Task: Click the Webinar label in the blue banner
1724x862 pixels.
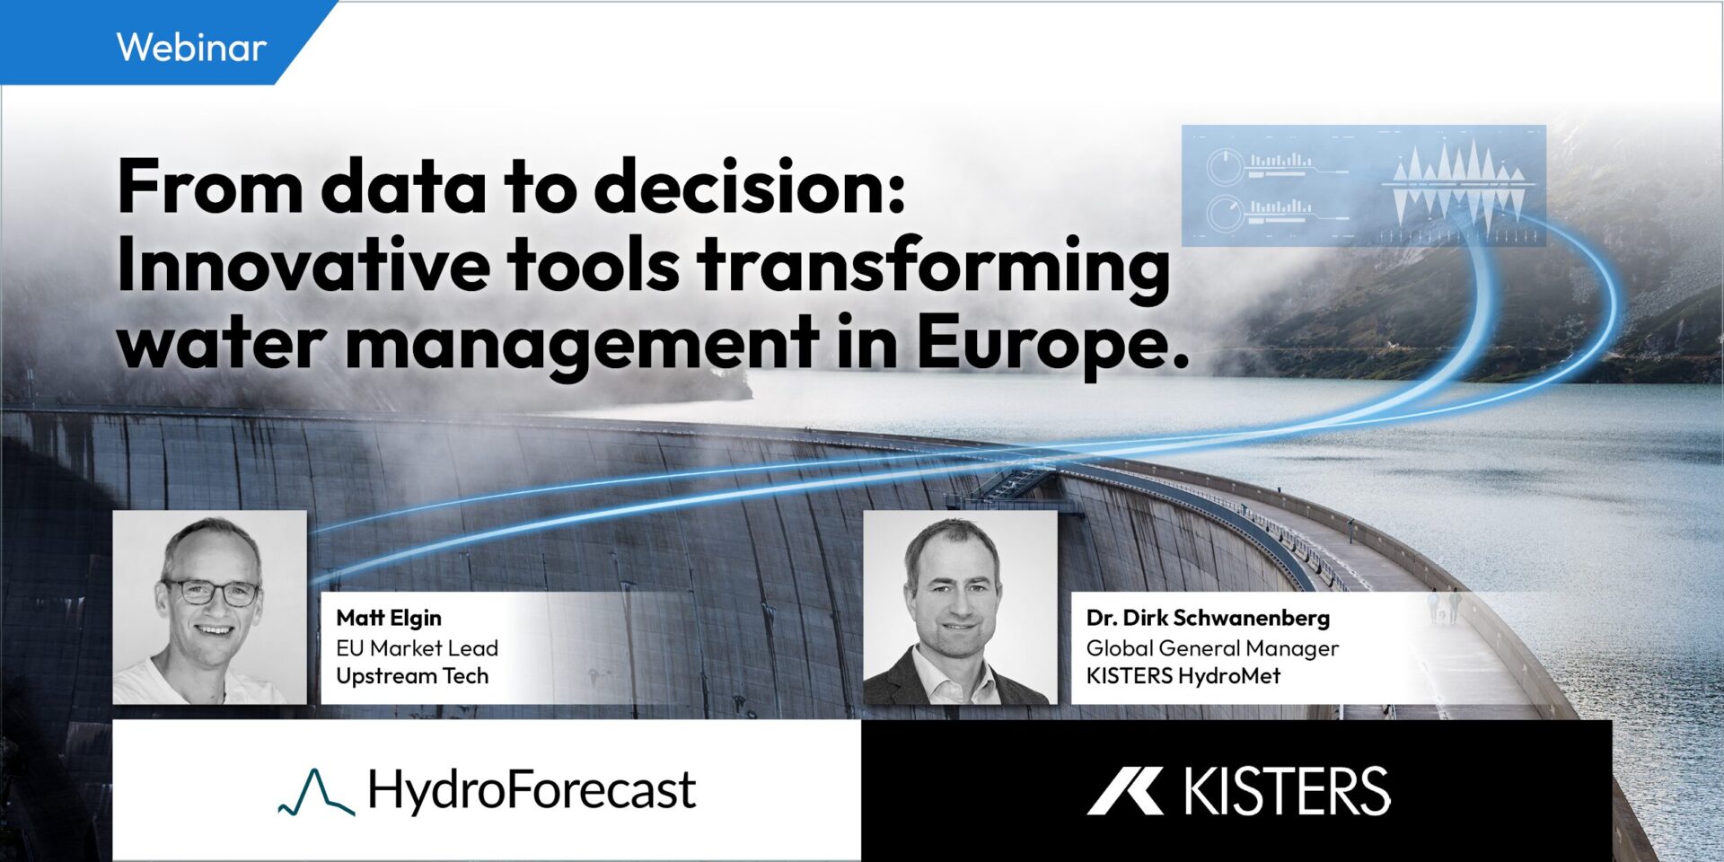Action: (x=191, y=47)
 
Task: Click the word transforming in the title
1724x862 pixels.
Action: (x=935, y=267)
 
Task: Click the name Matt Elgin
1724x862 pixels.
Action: (x=389, y=618)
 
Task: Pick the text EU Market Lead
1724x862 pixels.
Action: (x=417, y=647)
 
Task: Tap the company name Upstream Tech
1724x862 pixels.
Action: (x=412, y=676)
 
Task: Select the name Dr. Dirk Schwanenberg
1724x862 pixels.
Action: (x=1208, y=618)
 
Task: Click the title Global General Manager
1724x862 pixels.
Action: (x=1212, y=647)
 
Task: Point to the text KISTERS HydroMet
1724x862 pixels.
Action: (x=1183, y=676)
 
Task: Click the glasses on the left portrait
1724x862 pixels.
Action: (x=211, y=591)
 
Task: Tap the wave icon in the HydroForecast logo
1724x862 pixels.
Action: (x=316, y=792)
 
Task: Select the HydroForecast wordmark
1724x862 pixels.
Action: (x=532, y=790)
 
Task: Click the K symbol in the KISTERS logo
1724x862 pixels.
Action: (x=1125, y=791)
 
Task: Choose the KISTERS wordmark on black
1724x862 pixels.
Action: (x=1287, y=791)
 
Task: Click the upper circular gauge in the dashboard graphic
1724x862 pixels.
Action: (x=1225, y=166)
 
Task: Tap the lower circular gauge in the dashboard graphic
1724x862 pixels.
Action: (x=1225, y=213)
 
